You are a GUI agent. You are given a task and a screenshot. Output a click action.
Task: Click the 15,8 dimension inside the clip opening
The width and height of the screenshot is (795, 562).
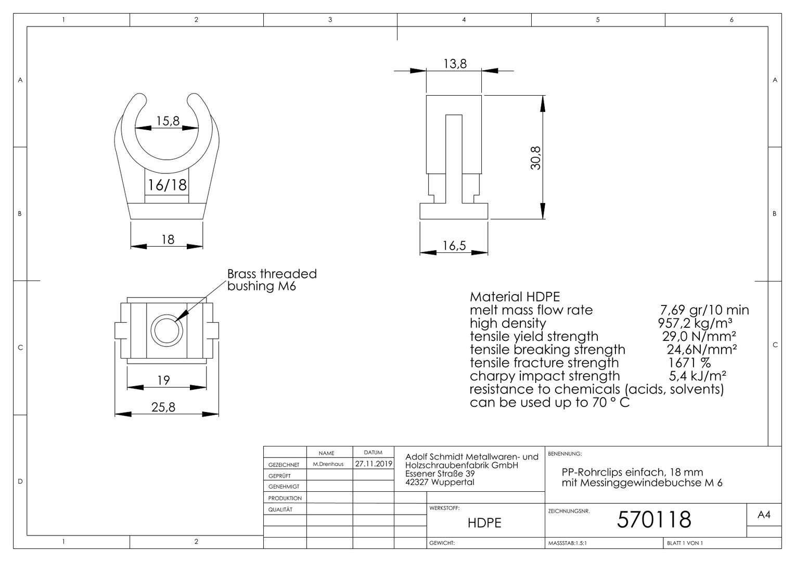pos(168,121)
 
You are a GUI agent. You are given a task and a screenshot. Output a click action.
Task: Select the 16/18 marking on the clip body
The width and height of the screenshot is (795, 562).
pos(167,185)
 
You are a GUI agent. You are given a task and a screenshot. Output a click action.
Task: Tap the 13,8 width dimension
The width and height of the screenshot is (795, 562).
pos(455,64)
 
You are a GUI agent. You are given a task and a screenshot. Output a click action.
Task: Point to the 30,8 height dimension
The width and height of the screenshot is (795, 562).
pos(535,158)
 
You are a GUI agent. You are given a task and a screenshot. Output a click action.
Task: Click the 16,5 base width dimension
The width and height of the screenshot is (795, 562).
pos(454,245)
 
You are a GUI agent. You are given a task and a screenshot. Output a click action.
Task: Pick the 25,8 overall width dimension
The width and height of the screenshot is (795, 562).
pos(163,407)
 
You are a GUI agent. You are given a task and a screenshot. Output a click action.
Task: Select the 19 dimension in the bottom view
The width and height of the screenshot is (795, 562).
pos(163,380)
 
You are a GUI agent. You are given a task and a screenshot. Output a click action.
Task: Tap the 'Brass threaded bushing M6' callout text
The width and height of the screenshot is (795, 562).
pos(272,280)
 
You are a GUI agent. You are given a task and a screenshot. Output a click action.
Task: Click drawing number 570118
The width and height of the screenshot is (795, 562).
pos(654,519)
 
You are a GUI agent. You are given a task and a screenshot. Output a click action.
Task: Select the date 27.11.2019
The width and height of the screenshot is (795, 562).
pos(374,464)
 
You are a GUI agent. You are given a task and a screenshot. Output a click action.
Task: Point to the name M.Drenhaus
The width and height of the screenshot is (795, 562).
pos(328,464)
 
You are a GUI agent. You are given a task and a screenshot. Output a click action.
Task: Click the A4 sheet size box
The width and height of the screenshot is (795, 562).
pos(764,515)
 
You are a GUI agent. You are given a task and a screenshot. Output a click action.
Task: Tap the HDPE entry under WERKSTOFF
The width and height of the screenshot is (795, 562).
pos(484,523)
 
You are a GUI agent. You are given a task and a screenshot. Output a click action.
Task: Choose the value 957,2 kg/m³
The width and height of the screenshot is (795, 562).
pos(695,323)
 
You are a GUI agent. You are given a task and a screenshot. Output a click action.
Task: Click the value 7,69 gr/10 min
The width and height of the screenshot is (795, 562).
pos(704,310)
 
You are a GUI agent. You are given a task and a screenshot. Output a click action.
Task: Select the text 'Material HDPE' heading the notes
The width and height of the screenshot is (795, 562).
pos(515,297)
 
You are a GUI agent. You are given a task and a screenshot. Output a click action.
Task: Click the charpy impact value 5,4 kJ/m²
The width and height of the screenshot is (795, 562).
pos(697,376)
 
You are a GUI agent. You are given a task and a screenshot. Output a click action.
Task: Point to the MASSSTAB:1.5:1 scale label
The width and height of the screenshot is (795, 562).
pos(567,543)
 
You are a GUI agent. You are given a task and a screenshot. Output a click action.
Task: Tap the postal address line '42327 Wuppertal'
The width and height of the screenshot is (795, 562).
pos(439,482)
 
